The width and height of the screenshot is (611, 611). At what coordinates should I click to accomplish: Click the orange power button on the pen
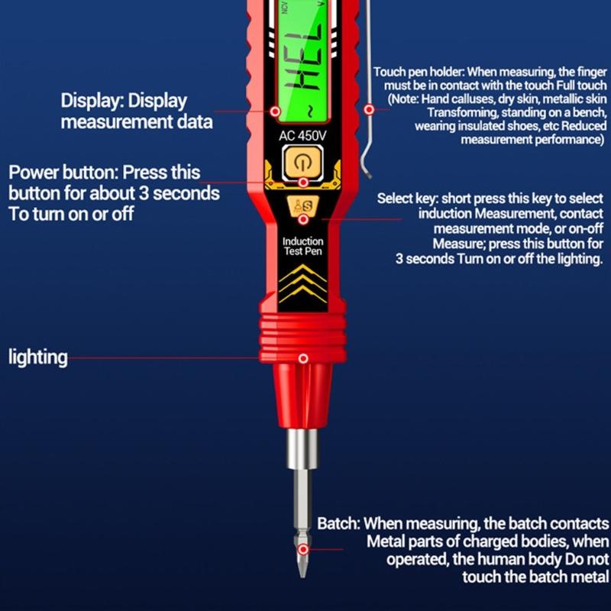click(x=302, y=163)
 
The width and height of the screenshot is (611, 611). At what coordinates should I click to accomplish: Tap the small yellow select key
click(x=302, y=206)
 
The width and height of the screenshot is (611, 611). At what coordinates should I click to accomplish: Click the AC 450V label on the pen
click(x=302, y=136)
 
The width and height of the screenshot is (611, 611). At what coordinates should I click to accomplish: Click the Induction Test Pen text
click(x=302, y=246)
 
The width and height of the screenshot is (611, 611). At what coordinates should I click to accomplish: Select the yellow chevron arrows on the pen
click(x=302, y=283)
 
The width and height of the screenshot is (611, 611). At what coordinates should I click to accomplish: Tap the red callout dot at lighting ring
click(x=303, y=358)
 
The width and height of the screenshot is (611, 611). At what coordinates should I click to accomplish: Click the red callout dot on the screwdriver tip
click(x=303, y=550)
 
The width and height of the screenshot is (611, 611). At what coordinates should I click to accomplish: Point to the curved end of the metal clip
click(x=364, y=166)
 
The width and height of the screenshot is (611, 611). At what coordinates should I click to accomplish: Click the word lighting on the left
click(x=37, y=357)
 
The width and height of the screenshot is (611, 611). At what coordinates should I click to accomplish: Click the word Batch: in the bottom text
click(x=338, y=523)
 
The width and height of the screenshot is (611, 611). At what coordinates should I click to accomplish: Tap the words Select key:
click(x=408, y=199)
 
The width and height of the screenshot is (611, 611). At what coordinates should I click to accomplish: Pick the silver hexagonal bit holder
click(x=302, y=448)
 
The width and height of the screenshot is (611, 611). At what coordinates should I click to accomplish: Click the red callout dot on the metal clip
click(x=369, y=109)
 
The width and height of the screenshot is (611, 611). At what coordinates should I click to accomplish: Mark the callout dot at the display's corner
click(x=275, y=112)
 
